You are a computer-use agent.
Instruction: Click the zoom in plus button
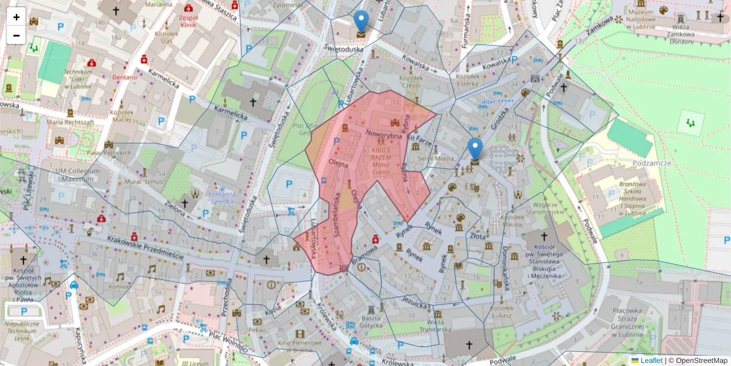coord(16,17)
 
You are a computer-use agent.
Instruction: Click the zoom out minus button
coord(16,35)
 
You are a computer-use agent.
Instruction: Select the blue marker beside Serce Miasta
coord(475,149)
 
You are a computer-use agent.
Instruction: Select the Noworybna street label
coord(384,134)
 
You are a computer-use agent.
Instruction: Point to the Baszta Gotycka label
coord(371,322)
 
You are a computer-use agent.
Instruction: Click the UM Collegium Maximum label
coord(76,175)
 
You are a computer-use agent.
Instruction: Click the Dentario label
coord(124,77)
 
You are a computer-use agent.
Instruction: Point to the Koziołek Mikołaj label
coord(512,220)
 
